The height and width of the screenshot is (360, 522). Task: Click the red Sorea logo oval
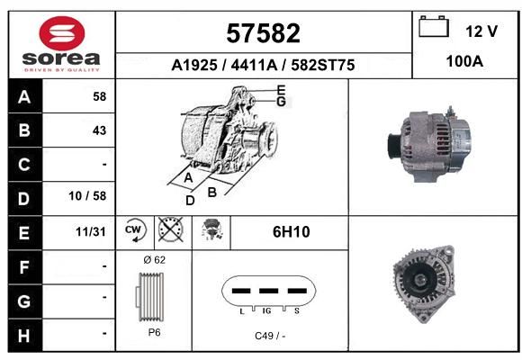click(62, 33)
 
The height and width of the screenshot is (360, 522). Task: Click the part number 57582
click(263, 33)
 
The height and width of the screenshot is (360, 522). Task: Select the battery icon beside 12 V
click(434, 26)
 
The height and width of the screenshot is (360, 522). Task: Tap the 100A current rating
click(464, 61)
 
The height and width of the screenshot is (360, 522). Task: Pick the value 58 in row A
click(100, 96)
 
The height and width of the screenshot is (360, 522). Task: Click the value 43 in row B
click(100, 130)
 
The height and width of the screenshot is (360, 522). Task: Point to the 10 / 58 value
click(87, 196)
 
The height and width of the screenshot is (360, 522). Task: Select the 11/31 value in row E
click(91, 231)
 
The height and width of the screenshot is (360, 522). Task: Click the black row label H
click(24, 336)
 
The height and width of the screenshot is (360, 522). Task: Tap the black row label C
click(24, 165)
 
